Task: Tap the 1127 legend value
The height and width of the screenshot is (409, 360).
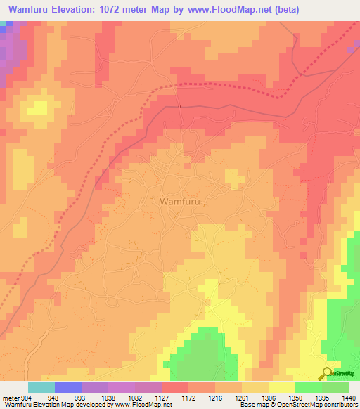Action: (x=162, y=398)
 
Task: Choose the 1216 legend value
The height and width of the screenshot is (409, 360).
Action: (x=215, y=398)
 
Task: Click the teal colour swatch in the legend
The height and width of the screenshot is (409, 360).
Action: (x=41, y=387)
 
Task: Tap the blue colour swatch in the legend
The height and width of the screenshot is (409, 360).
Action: (x=68, y=387)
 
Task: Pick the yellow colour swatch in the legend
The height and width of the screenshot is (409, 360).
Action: (x=282, y=387)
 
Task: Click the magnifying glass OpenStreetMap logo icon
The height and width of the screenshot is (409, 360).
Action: (x=327, y=372)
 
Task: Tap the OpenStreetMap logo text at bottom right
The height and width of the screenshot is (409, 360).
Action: (x=344, y=373)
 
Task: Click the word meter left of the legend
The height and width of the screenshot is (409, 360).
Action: (x=9, y=398)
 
